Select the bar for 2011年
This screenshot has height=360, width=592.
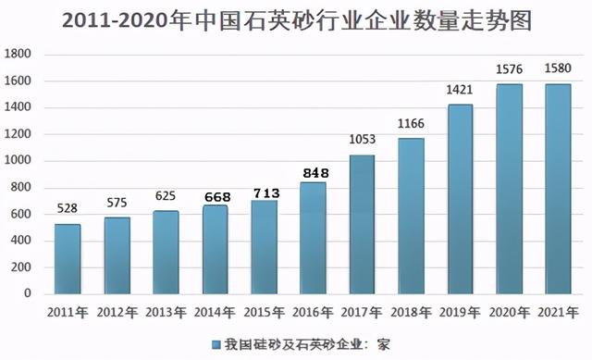coord(67,259)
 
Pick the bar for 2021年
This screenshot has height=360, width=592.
coord(559,189)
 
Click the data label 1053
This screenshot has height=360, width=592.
coord(362,140)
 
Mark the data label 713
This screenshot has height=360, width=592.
coord(264,192)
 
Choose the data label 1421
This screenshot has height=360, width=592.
coord(461,91)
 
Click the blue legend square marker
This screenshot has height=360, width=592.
coord(216,344)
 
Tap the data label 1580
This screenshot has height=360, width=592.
coord(559,69)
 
